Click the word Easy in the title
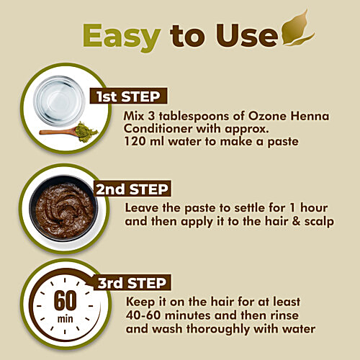[121, 35]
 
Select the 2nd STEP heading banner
[132, 189]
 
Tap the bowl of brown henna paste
[65, 210]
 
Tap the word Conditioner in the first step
[156, 130]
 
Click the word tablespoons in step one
[198, 118]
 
